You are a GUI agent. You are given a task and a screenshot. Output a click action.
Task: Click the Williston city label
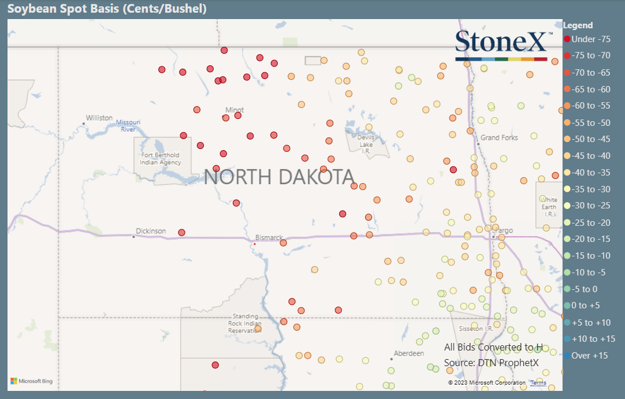click(99, 118)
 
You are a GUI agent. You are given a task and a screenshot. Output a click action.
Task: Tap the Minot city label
click(235, 110)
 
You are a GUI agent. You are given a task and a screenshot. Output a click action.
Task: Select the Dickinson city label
click(150, 231)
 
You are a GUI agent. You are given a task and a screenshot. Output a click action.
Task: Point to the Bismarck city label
click(269, 237)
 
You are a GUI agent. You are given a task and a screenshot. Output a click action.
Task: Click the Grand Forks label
click(499, 137)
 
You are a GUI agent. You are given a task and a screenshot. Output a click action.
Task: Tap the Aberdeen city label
click(408, 353)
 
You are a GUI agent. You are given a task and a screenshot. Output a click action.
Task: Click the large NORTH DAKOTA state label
click(279, 177)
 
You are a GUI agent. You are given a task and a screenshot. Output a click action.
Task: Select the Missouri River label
click(128, 125)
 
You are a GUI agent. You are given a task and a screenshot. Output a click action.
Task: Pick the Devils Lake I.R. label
click(366, 144)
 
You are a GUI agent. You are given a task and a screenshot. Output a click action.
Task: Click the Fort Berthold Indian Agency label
click(160, 159)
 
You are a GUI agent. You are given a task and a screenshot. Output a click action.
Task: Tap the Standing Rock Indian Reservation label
click(245, 323)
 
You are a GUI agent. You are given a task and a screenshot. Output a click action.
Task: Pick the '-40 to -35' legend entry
click(590, 173)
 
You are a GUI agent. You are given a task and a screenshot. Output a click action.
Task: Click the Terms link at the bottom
click(538, 383)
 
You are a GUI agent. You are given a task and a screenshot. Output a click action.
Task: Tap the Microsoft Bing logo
click(32, 381)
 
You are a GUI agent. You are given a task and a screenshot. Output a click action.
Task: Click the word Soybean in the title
click(29, 9)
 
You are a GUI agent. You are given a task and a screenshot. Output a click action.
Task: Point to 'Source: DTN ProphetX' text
click(491, 363)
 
